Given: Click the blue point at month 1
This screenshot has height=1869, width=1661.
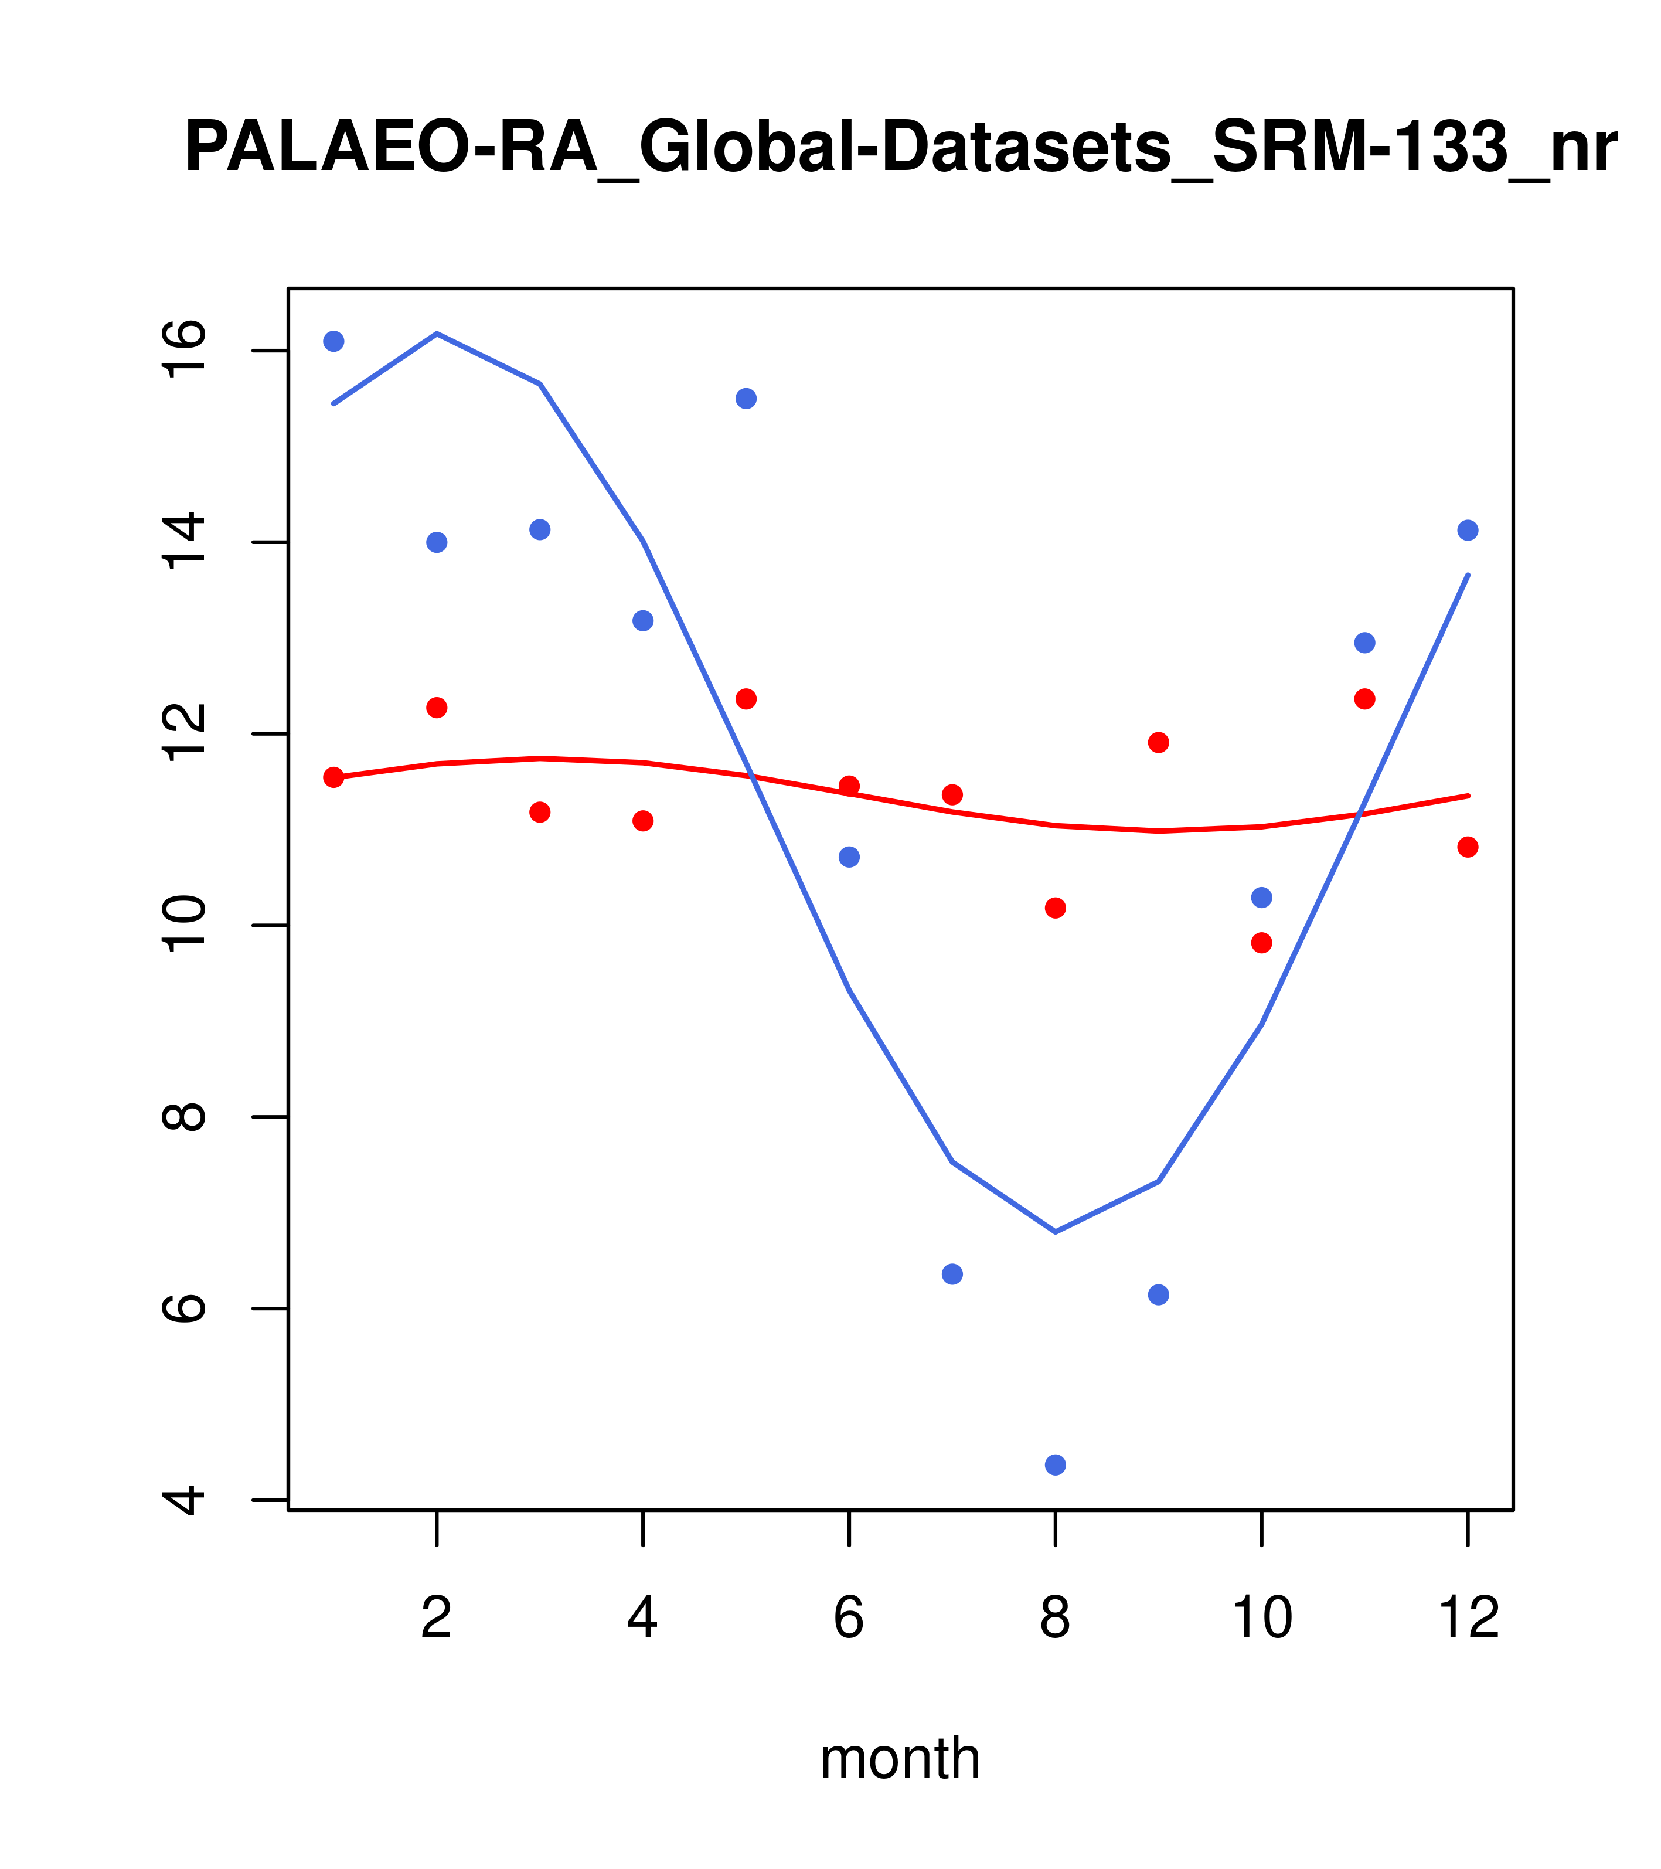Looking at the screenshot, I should click(333, 341).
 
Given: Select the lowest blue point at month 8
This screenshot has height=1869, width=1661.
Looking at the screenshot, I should click(1055, 1465).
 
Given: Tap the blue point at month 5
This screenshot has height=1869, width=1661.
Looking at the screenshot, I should click(746, 399).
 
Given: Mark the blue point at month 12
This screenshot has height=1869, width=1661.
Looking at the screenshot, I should click(1468, 531).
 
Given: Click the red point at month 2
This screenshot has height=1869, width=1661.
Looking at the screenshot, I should click(437, 708).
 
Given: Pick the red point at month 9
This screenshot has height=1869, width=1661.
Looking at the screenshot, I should click(1158, 742).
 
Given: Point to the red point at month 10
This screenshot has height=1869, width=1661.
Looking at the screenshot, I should click(1261, 943).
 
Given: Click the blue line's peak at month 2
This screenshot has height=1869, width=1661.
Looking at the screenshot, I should click(437, 334).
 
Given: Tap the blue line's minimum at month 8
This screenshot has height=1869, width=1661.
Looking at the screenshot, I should click(1055, 1232).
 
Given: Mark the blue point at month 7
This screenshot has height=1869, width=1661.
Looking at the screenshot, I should click(952, 1274).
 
